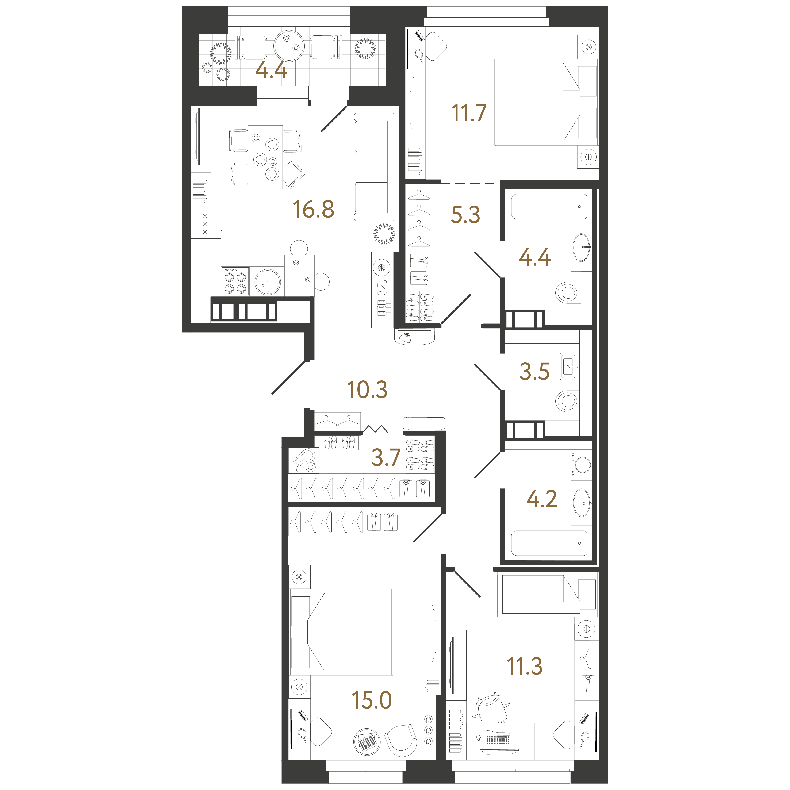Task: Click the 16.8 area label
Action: [x=313, y=209]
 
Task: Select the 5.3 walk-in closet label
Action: [x=465, y=215]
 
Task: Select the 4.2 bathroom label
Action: [x=541, y=499]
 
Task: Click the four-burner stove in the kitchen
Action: [x=235, y=281]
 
